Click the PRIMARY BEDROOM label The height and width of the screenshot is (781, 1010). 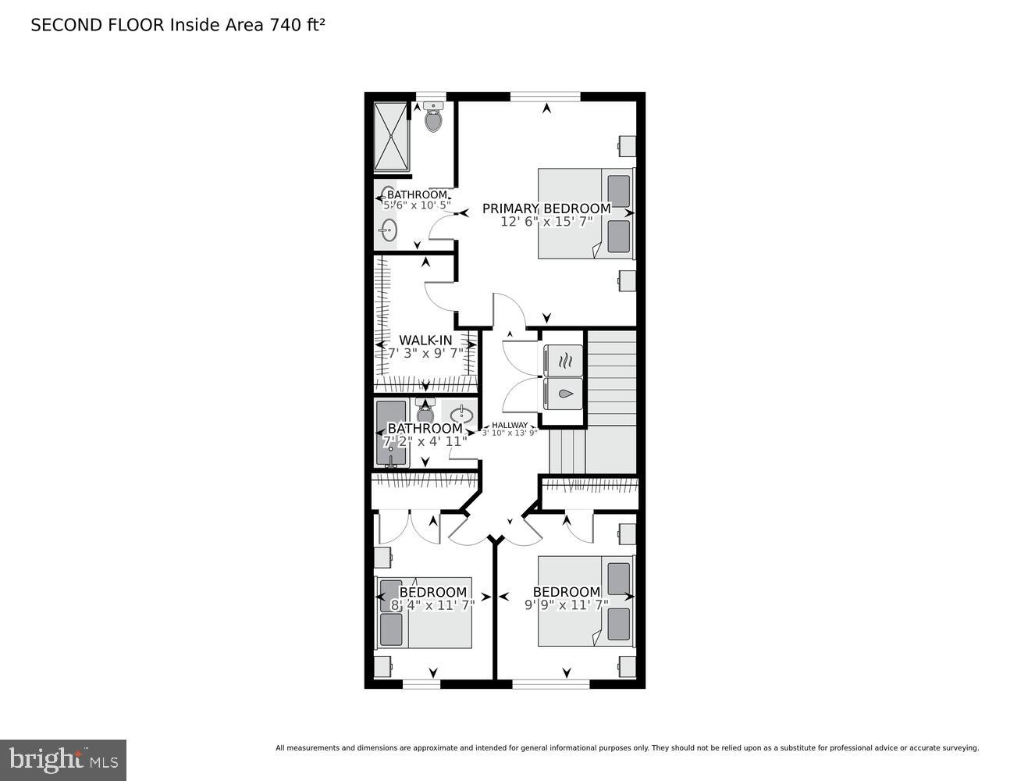pos(546,209)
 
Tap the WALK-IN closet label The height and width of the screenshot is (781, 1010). pos(425,340)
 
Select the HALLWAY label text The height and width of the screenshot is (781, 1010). pos(509,425)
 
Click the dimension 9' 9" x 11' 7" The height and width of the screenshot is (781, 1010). pos(566,604)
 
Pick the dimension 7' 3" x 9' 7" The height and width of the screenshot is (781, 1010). pos(425,353)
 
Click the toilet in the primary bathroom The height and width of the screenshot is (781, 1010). pos(433,118)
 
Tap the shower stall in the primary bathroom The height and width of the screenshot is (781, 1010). pos(391,136)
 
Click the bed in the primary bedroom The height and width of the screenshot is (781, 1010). pos(585,213)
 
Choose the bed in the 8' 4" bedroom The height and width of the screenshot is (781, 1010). pos(425,613)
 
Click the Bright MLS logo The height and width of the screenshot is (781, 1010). pos(63,759)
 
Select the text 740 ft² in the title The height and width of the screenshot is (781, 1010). pos(297,25)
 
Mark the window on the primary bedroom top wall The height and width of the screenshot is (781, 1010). pos(545,97)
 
